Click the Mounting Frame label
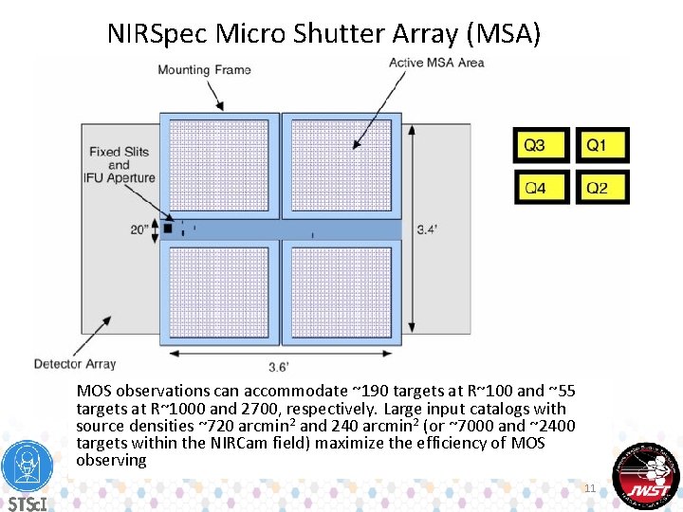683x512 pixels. pyautogui.click(x=204, y=70)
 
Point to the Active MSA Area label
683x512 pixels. pyautogui.click(x=436, y=64)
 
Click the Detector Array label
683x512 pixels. pyautogui.click(x=75, y=363)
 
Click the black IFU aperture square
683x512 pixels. pyautogui.click(x=168, y=228)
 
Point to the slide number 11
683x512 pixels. pyautogui.click(x=589, y=488)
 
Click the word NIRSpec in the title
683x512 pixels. pyautogui.click(x=158, y=35)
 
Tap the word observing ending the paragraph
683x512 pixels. pyautogui.click(x=111, y=460)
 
